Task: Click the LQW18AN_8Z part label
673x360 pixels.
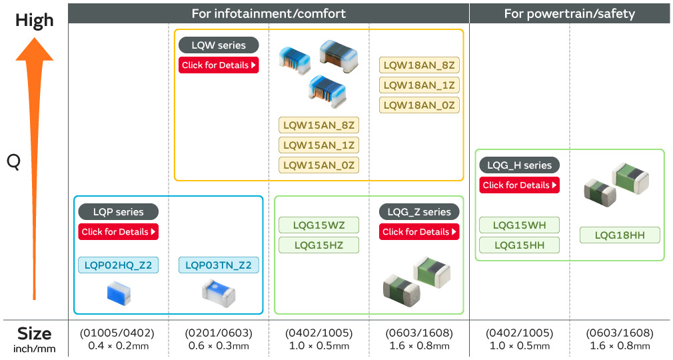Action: pyautogui.click(x=419, y=65)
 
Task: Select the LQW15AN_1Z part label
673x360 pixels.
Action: pyautogui.click(x=319, y=145)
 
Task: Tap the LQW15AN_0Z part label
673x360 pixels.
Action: pyautogui.click(x=319, y=165)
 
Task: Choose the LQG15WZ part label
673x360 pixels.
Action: pyautogui.click(x=319, y=225)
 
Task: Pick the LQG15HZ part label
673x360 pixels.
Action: pyautogui.click(x=319, y=245)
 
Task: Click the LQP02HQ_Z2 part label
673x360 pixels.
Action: pyautogui.click(x=119, y=265)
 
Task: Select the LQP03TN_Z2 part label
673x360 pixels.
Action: pyautogui.click(x=219, y=265)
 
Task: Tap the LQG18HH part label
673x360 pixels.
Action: pyautogui.click(x=620, y=235)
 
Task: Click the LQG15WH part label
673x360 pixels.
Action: pyautogui.click(x=519, y=225)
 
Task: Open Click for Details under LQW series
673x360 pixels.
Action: pyautogui.click(x=219, y=65)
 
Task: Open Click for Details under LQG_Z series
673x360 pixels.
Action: pyautogui.click(x=419, y=232)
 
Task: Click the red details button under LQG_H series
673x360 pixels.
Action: pyautogui.click(x=519, y=185)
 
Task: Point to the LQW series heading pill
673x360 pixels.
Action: pyautogui.click(x=219, y=45)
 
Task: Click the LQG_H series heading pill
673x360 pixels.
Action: pyautogui.click(x=519, y=165)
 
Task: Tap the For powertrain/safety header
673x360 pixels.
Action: pyautogui.click(x=569, y=13)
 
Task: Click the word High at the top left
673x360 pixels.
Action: pyautogui.click(x=34, y=20)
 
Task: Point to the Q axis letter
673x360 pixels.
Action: pyautogui.click(x=13, y=161)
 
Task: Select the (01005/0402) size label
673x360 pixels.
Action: pyautogui.click(x=117, y=333)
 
